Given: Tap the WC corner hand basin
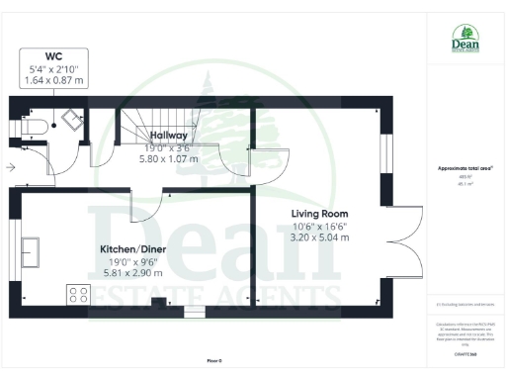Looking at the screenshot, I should point(72,119).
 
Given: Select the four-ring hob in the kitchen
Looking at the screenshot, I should point(78,294).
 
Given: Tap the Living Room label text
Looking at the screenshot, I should point(318,213).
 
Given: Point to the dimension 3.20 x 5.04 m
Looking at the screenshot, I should point(318,238).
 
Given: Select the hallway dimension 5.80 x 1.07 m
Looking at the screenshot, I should point(169,157).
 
